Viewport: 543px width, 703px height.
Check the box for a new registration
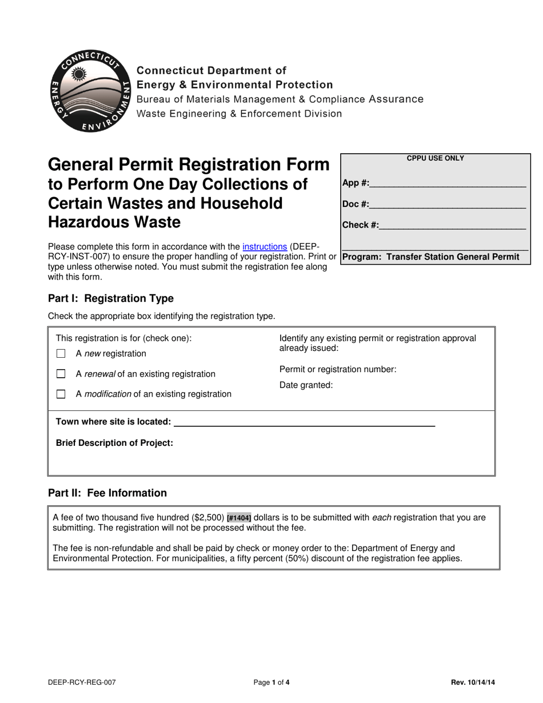point(61,354)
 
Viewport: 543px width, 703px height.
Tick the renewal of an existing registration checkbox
point(61,374)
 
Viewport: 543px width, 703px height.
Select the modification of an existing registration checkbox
point(61,394)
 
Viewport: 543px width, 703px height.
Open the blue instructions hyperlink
point(265,247)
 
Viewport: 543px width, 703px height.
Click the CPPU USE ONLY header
point(436,158)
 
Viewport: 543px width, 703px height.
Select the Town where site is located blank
point(304,423)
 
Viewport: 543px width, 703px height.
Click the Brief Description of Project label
point(114,443)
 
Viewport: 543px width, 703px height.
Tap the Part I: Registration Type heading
point(110,298)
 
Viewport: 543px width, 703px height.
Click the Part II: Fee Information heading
point(107,493)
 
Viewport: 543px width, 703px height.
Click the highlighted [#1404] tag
point(239,518)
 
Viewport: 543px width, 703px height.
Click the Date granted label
point(306,385)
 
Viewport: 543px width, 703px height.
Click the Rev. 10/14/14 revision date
point(473,682)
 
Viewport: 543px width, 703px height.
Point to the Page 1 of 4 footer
point(271,682)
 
